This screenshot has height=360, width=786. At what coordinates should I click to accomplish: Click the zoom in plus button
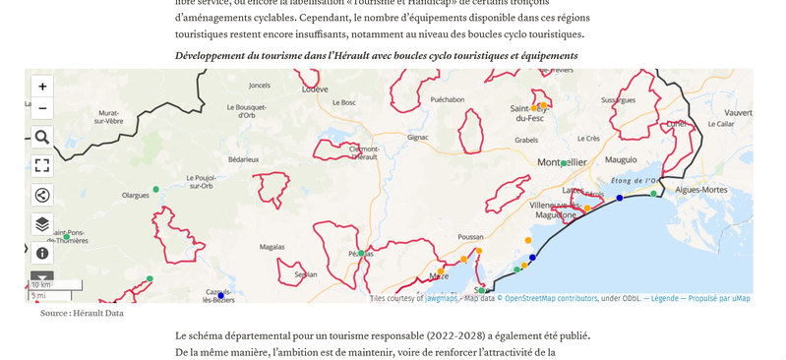click(x=42, y=87)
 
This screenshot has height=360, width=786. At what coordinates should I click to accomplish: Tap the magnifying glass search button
click(x=42, y=137)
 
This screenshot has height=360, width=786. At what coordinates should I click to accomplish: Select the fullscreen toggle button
click(x=42, y=165)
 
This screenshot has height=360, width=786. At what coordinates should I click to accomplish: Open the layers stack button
click(x=42, y=224)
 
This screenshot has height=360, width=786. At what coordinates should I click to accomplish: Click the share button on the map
click(x=42, y=195)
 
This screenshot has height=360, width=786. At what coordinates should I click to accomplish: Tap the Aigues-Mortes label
click(x=700, y=189)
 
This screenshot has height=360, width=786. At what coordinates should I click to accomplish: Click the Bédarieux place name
click(x=243, y=158)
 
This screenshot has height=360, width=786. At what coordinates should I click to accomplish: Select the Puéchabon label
click(x=447, y=99)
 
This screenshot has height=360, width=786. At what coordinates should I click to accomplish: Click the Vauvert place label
click(x=738, y=113)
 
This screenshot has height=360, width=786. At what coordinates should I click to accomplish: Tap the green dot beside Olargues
click(x=155, y=189)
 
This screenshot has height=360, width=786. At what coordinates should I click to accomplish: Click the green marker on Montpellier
click(x=563, y=164)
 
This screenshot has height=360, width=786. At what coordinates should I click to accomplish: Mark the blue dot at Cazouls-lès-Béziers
click(x=220, y=295)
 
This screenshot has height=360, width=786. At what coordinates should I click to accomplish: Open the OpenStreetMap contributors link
click(x=551, y=298)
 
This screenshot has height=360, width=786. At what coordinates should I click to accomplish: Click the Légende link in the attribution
click(x=664, y=298)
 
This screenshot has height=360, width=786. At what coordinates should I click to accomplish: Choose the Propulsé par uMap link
click(x=719, y=298)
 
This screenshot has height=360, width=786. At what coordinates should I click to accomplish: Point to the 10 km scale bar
click(x=55, y=285)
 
